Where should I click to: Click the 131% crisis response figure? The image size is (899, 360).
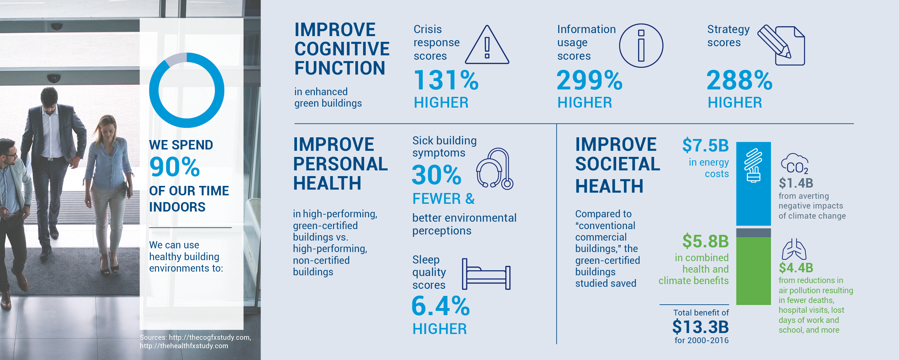(x=446, y=80)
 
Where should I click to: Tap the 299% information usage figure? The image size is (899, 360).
(x=590, y=80)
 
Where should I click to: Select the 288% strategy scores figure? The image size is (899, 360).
(x=740, y=80)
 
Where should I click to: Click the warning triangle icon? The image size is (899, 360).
(x=487, y=45)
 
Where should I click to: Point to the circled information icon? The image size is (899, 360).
(x=641, y=46)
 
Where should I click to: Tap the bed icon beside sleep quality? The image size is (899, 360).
(x=486, y=274)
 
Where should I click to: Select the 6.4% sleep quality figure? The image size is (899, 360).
(x=441, y=306)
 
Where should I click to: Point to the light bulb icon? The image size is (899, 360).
(x=753, y=166)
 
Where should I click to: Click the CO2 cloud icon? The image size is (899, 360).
(x=795, y=163)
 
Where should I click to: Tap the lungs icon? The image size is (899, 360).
(x=794, y=249)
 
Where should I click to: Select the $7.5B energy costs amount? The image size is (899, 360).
(x=705, y=145)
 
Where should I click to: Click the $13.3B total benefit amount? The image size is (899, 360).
(x=700, y=327)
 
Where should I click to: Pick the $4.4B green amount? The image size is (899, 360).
(x=796, y=268)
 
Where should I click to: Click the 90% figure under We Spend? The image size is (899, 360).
(x=175, y=167)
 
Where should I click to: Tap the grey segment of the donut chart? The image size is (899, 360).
(x=175, y=58)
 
